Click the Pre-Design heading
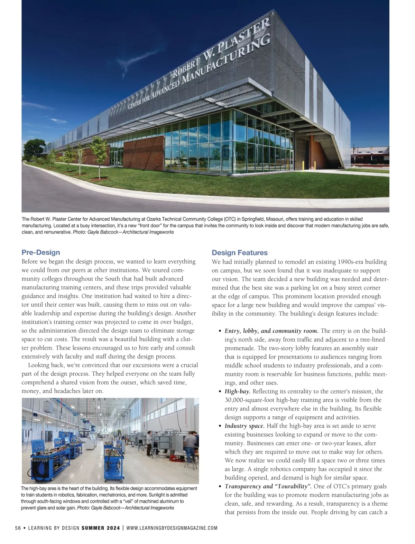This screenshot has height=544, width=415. coord(40,252)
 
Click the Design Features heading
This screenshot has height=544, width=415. coord(239,253)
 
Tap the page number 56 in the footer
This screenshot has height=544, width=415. coord(18,528)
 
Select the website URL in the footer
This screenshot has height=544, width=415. coord(172,528)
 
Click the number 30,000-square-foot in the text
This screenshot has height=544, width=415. coord(251,400)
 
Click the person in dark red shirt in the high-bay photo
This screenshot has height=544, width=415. coord(149,442)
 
